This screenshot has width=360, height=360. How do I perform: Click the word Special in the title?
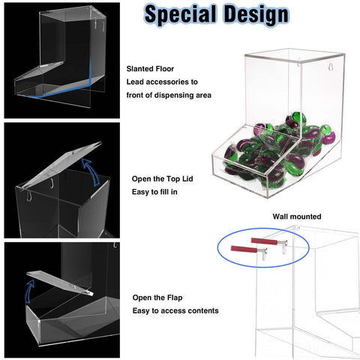coord(180,14)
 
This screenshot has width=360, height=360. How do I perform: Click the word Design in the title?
coord(256,13)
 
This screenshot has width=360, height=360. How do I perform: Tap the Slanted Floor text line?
coord(150,69)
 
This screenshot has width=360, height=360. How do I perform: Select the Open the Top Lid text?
coord(162,179)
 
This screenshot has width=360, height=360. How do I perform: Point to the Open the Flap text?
coord(157,298)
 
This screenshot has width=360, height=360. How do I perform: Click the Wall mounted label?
coord(297,217)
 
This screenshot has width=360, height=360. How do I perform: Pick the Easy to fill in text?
coord(154,192)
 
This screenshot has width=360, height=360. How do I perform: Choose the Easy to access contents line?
coord(175,310)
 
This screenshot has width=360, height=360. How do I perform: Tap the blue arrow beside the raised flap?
coord(28,291)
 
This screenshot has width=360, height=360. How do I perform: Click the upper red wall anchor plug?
coord(264,241)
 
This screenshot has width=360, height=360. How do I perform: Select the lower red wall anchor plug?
coord(244,249)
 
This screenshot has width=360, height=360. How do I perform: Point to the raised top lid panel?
coord(59,166)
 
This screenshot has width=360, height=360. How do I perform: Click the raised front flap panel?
coord(60,283)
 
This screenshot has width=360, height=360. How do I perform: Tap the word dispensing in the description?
coord(169,95)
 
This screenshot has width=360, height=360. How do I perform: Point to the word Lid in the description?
coord(187,179)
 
